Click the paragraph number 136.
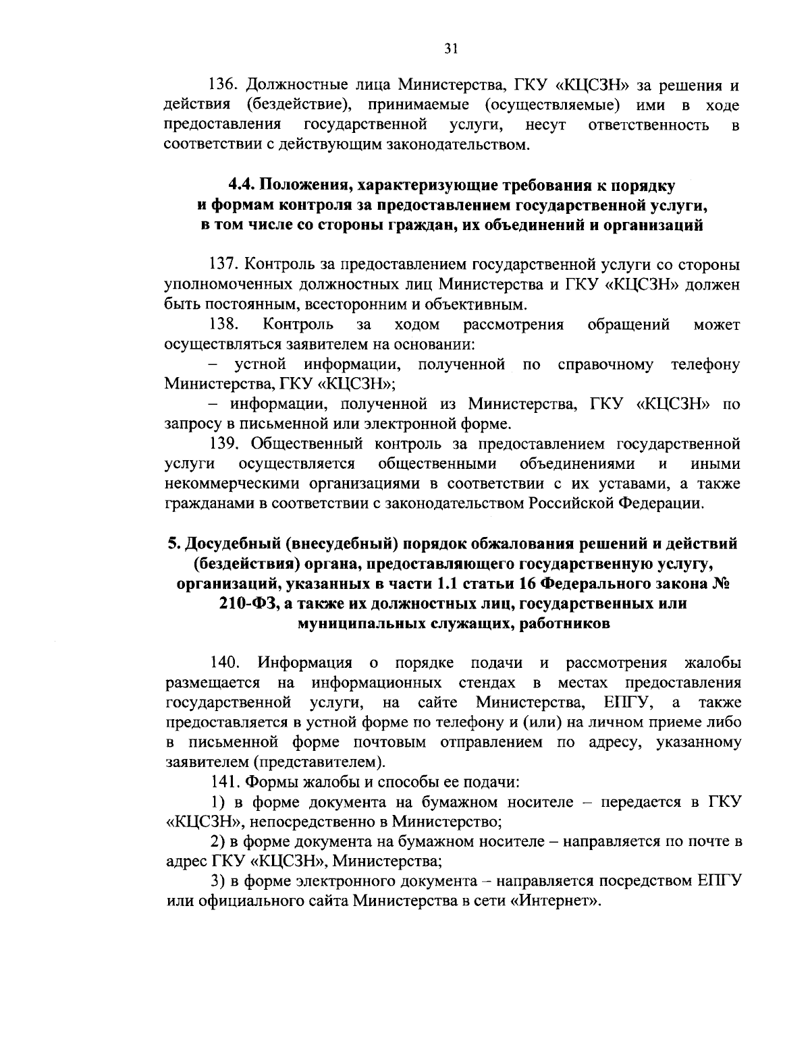tap(223, 86)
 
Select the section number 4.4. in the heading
tap(242, 185)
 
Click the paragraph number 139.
tap(223, 444)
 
